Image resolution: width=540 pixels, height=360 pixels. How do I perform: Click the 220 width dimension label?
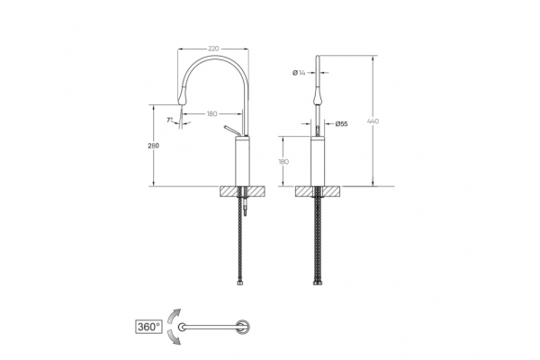pyautogui.click(x=213, y=49)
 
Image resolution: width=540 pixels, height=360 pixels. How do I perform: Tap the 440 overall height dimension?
pyautogui.click(x=373, y=121)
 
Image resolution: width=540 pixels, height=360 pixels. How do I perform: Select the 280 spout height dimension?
pyautogui.click(x=154, y=146)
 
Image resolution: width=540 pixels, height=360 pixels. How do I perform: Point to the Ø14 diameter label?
pyautogui.click(x=299, y=73)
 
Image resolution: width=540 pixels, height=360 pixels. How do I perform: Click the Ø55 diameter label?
pyautogui.click(x=341, y=123)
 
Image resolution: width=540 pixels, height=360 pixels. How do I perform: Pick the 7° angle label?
pyautogui.click(x=170, y=120)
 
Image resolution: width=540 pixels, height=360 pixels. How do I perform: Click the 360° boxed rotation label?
pyautogui.click(x=148, y=327)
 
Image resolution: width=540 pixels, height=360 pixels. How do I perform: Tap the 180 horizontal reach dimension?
pyautogui.click(x=211, y=113)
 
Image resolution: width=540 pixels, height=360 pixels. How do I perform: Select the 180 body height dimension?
pyautogui.click(x=283, y=161)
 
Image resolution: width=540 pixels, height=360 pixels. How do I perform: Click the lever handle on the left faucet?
pyautogui.click(x=231, y=130)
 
